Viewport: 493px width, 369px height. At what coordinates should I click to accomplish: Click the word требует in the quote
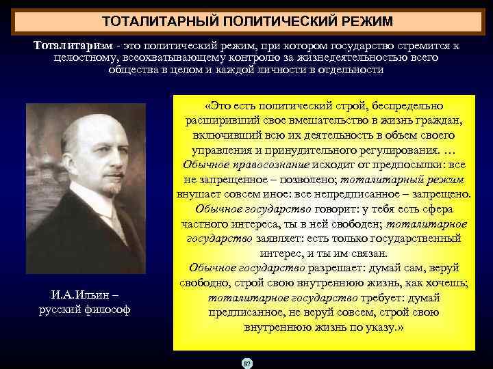pyautogui.click(x=384, y=297)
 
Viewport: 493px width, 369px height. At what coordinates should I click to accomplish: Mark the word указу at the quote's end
pyautogui.click(x=379, y=327)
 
